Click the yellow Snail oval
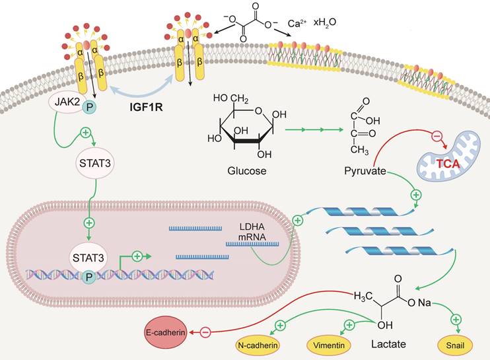coord(456,344)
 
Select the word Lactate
coord(386,344)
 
